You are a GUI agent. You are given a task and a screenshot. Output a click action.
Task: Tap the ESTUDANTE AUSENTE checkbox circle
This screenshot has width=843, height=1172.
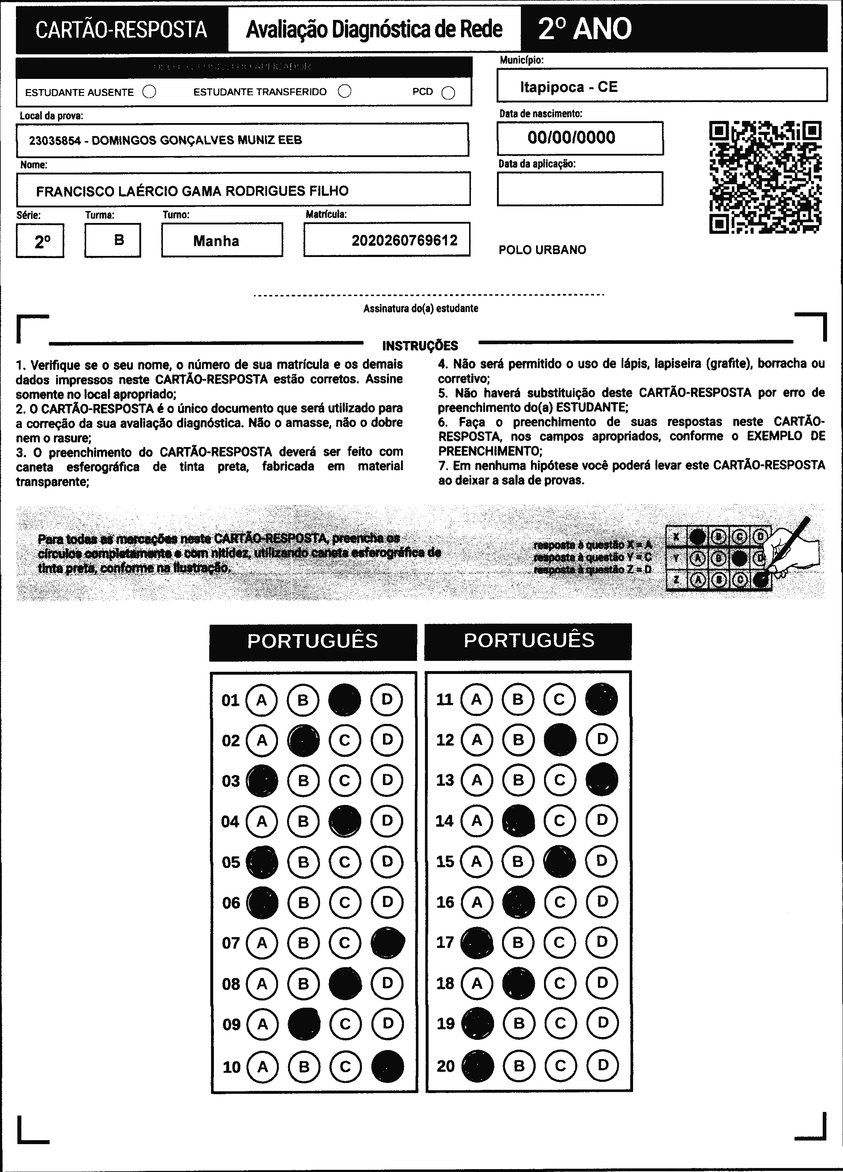[149, 92]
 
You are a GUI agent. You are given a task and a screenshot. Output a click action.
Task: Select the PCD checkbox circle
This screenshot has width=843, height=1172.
[448, 93]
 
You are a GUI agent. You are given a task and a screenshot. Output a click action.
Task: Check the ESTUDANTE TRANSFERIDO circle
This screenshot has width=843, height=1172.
[344, 92]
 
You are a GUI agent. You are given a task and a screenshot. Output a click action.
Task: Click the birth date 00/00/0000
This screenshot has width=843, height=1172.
[571, 138]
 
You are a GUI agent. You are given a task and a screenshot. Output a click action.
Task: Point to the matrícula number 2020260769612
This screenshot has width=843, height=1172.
[404, 240]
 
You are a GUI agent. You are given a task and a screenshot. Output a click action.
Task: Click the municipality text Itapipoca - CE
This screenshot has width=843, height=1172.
[569, 87]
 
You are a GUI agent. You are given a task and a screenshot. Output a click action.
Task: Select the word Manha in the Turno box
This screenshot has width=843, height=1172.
[216, 241]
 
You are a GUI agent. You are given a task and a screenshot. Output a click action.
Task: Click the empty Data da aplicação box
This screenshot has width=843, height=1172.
[579, 189]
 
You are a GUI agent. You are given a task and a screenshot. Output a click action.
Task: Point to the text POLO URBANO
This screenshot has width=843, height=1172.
[542, 250]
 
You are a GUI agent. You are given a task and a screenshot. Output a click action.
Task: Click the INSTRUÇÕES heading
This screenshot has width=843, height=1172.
[420, 346]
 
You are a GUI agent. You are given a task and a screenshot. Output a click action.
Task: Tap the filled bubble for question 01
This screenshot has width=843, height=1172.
[345, 700]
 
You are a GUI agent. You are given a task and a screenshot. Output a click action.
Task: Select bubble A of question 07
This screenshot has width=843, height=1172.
[262, 943]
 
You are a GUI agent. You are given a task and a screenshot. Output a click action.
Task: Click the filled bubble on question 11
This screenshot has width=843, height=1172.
[601, 699]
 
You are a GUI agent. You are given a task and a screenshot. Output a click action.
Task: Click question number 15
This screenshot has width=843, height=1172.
[444, 861]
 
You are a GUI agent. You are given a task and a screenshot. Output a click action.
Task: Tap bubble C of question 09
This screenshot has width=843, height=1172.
[345, 1024]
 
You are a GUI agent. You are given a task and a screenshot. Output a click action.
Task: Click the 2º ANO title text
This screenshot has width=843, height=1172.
[585, 29]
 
